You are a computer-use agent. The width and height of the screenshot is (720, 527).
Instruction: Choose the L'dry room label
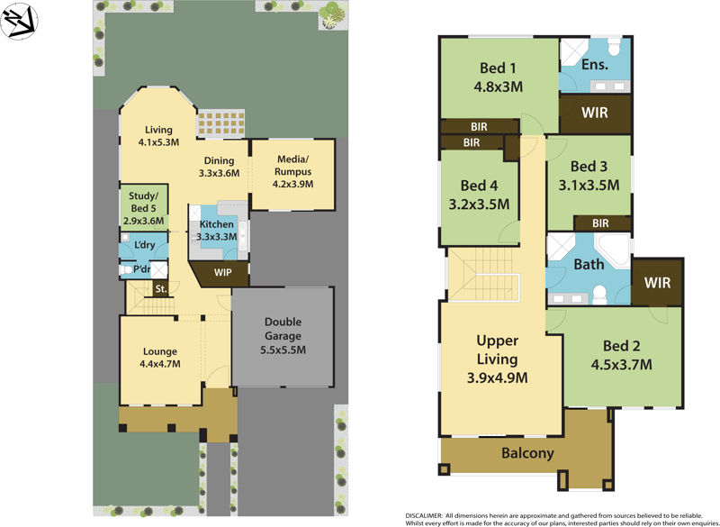(x=143, y=245)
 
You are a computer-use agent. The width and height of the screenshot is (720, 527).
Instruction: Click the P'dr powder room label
(x=141, y=269)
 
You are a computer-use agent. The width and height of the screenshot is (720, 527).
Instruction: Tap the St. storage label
(x=161, y=289)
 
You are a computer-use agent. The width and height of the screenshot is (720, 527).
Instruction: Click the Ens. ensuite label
(x=595, y=65)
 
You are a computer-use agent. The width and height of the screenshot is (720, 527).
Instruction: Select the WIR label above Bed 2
(x=658, y=282)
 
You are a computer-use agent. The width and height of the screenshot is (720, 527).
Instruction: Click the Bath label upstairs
(x=589, y=265)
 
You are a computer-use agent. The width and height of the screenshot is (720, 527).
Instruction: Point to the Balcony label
(x=527, y=453)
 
